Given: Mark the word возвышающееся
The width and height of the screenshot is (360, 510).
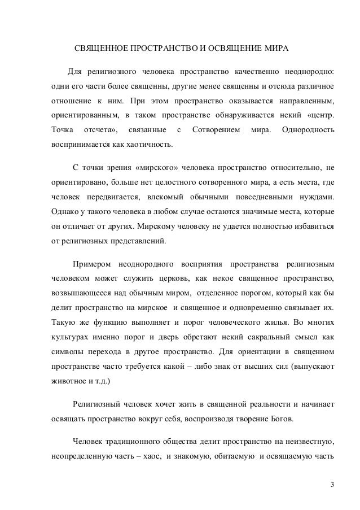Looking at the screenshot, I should tap(74, 293).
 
